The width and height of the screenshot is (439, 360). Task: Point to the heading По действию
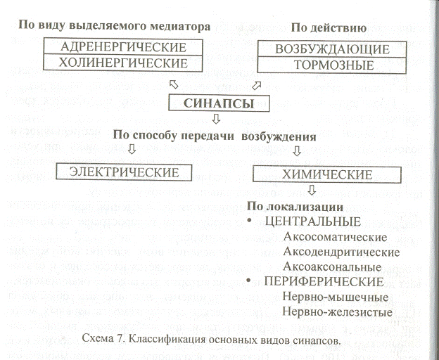coord(329,28)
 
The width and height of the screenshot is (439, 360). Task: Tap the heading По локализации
coord(295,207)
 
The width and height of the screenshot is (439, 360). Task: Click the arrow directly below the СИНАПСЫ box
coord(216,119)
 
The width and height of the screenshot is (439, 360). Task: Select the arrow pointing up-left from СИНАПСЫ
coord(174,84)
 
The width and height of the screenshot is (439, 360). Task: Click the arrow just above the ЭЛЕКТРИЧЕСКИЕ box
coord(132,149)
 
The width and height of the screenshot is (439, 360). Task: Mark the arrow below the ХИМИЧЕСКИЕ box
coord(312,190)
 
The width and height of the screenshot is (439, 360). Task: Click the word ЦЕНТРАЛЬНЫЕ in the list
coord(313,221)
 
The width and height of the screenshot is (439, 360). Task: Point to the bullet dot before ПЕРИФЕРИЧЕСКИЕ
coord(248,281)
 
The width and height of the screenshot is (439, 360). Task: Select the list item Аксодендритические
coord(341,252)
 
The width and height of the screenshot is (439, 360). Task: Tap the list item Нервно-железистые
coord(338,311)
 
